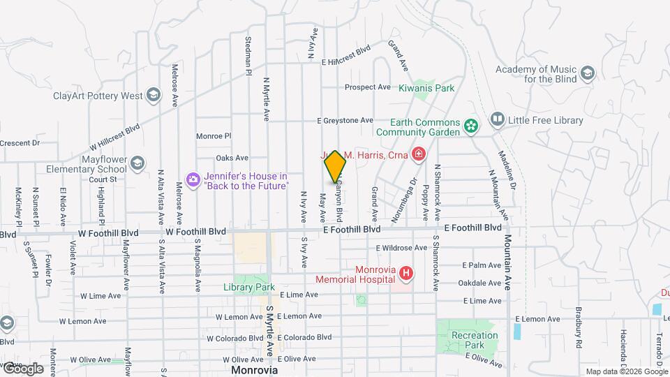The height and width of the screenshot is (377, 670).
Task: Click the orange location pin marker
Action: click(335, 166)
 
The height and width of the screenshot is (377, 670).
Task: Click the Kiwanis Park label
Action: click(426, 88)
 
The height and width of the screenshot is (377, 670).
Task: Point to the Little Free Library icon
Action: click(497, 120)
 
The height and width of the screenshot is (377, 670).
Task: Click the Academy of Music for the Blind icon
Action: click(588, 72)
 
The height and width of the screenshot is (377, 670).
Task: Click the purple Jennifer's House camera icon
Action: click(193, 180)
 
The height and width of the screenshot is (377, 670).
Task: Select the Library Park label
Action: click(249, 287)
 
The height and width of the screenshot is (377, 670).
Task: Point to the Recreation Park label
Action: click(475, 340)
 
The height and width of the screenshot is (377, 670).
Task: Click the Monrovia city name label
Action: click(255, 369)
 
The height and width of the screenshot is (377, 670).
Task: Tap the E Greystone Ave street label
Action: click(345, 120)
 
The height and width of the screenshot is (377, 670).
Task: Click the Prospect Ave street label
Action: click(368, 87)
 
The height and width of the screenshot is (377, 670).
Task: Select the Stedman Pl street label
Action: click(248, 57)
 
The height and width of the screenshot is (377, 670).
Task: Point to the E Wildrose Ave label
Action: click(401, 247)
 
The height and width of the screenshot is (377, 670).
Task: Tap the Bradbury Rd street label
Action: click(579, 339)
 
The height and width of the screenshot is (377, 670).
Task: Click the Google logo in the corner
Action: click(22, 368)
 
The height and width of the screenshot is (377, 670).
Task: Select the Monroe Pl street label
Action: click(213, 136)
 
